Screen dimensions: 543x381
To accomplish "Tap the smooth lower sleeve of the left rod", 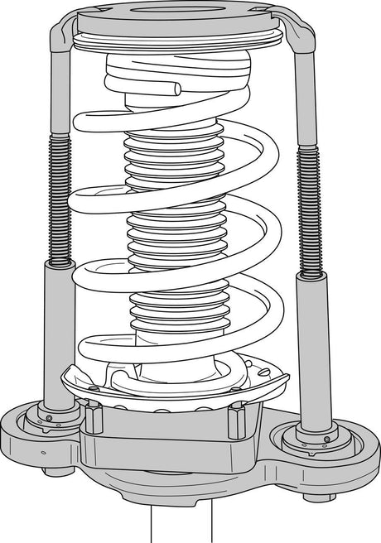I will (58, 331).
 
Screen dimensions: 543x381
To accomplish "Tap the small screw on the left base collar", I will (49, 418).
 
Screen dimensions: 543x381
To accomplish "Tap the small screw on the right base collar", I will (326, 439).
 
